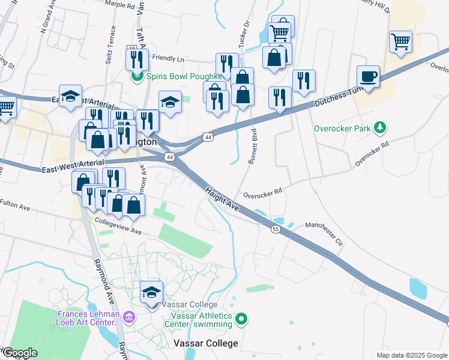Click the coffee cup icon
click(369, 77)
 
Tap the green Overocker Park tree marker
click(379, 127)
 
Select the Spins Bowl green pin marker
click(137, 77)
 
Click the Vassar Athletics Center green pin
click(241, 319)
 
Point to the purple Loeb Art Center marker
click(128, 317)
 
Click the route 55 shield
click(275, 229)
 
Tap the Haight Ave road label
click(221, 199)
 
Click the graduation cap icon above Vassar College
click(152, 292)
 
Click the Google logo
click(20, 353)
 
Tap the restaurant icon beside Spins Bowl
click(137, 59)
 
